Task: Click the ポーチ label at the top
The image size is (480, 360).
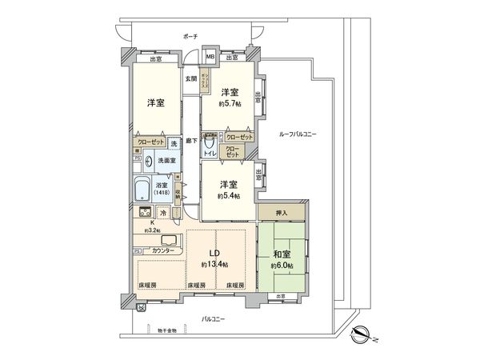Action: click(190, 37)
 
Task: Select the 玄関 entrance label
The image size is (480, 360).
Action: click(190, 78)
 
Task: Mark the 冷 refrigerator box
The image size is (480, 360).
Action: click(163, 214)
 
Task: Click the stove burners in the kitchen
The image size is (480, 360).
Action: click(146, 214)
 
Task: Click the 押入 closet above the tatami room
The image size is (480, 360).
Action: click(282, 213)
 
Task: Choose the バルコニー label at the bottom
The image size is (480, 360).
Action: click(212, 319)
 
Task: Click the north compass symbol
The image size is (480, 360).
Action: click(360, 334)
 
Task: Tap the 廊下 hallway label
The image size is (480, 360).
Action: click(190, 141)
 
